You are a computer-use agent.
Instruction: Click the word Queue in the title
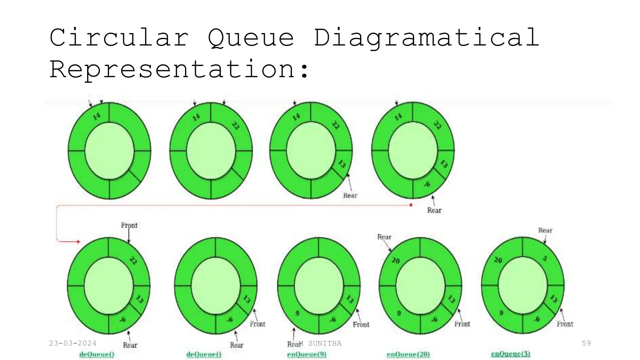tap(251, 38)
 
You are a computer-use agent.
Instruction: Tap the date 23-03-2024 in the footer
tap(72, 343)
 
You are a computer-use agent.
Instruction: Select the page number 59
tap(586, 343)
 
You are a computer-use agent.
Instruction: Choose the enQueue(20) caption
tap(408, 354)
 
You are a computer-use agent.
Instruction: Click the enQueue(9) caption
tap(307, 354)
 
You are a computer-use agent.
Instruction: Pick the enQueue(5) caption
tap(511, 354)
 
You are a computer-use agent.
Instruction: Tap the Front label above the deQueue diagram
tap(129, 225)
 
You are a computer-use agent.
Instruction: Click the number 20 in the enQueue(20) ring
tap(396, 260)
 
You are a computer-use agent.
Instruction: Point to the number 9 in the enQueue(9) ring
tap(297, 313)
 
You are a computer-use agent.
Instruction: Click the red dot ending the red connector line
tap(411, 205)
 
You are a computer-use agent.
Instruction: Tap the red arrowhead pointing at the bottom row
tap(78, 242)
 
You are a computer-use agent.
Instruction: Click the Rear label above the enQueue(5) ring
tap(545, 231)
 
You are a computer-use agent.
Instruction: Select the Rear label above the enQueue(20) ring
tap(384, 237)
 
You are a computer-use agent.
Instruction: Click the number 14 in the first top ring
tap(97, 117)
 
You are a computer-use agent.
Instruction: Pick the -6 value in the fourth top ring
tap(427, 184)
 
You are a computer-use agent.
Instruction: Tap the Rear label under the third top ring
tap(350, 196)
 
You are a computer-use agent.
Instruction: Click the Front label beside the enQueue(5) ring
tap(565, 324)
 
